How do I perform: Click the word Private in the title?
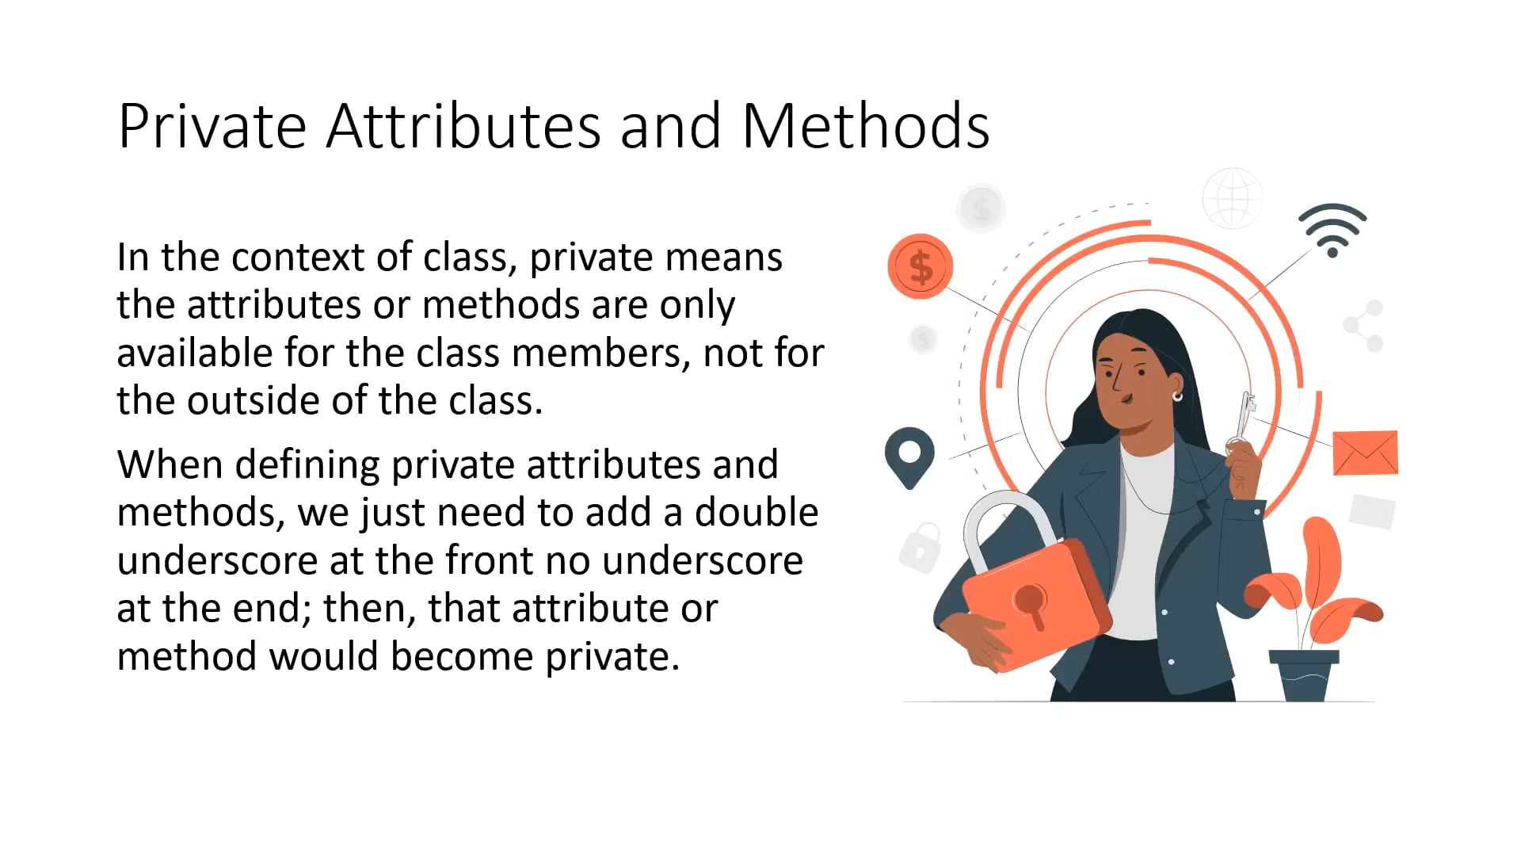pyautogui.click(x=212, y=126)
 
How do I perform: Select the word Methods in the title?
pyautogui.click(x=866, y=126)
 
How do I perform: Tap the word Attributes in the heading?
pyautogui.click(x=463, y=126)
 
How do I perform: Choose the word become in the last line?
pyautogui.click(x=462, y=657)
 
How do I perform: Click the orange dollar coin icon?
pyautogui.click(x=920, y=266)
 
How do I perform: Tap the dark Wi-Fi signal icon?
pyautogui.click(x=1332, y=230)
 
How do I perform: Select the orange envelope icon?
pyautogui.click(x=1365, y=453)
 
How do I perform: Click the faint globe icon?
pyautogui.click(x=1233, y=198)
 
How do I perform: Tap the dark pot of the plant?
pyautogui.click(x=1304, y=675)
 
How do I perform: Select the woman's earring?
pyautogui.click(x=1177, y=396)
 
